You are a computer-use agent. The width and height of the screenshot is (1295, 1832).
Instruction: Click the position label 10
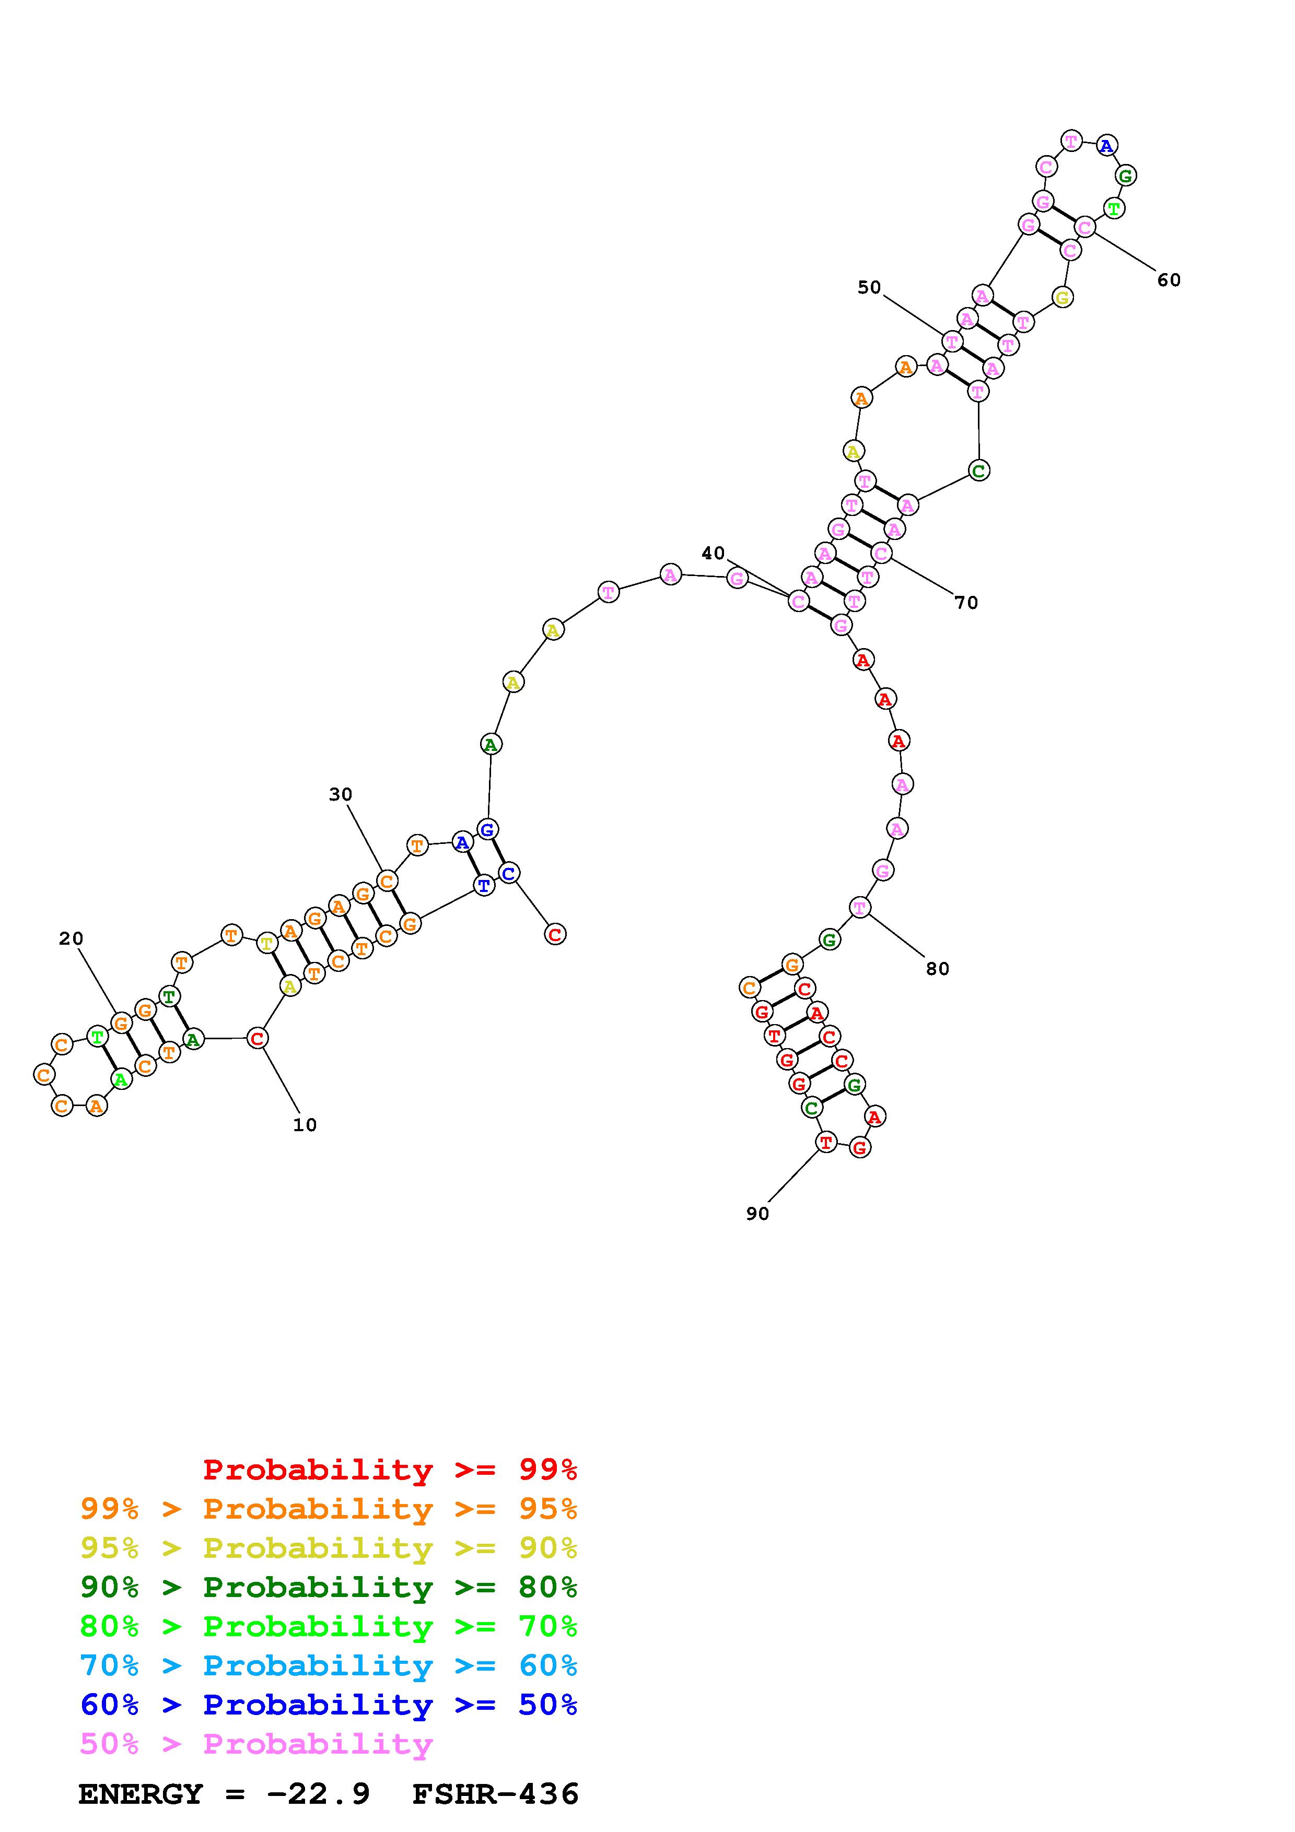(x=305, y=1125)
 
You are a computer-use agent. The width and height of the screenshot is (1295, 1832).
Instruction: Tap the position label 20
(x=71, y=938)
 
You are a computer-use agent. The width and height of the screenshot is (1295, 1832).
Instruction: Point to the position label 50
(x=870, y=287)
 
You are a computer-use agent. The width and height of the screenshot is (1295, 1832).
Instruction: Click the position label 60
(x=1169, y=280)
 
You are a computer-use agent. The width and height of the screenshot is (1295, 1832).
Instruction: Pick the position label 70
(x=966, y=603)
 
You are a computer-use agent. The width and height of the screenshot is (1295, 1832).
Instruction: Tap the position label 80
(x=938, y=969)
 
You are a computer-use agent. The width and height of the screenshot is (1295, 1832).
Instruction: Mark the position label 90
(x=757, y=1214)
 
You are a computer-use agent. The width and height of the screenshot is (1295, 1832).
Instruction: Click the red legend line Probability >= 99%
(x=390, y=1470)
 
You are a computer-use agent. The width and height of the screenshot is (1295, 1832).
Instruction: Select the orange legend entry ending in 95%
(x=329, y=1509)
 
